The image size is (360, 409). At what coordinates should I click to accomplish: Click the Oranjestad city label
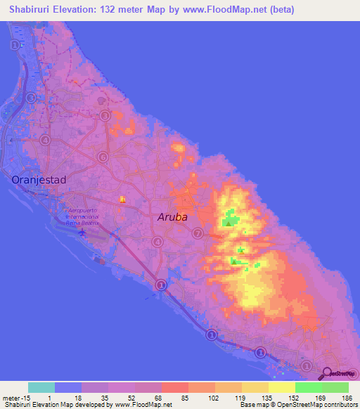click(x=39, y=180)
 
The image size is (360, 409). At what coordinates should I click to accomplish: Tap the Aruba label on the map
click(x=172, y=217)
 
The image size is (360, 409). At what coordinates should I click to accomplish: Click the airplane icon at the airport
click(x=83, y=232)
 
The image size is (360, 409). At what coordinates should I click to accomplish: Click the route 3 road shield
click(x=105, y=116)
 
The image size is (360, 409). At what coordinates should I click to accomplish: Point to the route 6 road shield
click(x=103, y=157)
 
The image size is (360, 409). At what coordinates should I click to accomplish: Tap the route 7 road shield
click(x=198, y=233)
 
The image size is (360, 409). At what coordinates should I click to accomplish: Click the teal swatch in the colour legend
click(x=41, y=387)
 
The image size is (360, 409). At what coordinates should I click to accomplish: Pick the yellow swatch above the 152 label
click(x=281, y=387)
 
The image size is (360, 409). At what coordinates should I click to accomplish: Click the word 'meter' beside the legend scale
click(x=9, y=398)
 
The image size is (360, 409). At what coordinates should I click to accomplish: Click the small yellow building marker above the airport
click(x=122, y=200)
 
